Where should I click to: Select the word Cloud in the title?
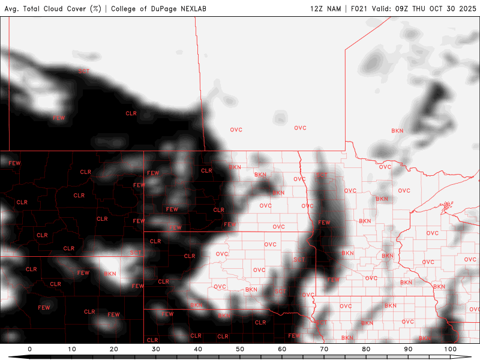pyautogui.click(x=49, y=8)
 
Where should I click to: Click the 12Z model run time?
pyautogui.click(x=316, y=8)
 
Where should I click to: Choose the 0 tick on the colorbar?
pyautogui.click(x=29, y=349)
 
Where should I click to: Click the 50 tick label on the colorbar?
pyautogui.click(x=240, y=349)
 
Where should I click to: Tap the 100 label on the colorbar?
pyautogui.click(x=450, y=349)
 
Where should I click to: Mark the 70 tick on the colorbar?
pyautogui.click(x=324, y=349)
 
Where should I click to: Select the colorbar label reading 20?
pyautogui.click(x=114, y=349)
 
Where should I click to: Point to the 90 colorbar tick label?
pyautogui.click(x=408, y=349)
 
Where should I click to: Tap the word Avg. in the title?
pyautogui.click(x=13, y=8)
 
